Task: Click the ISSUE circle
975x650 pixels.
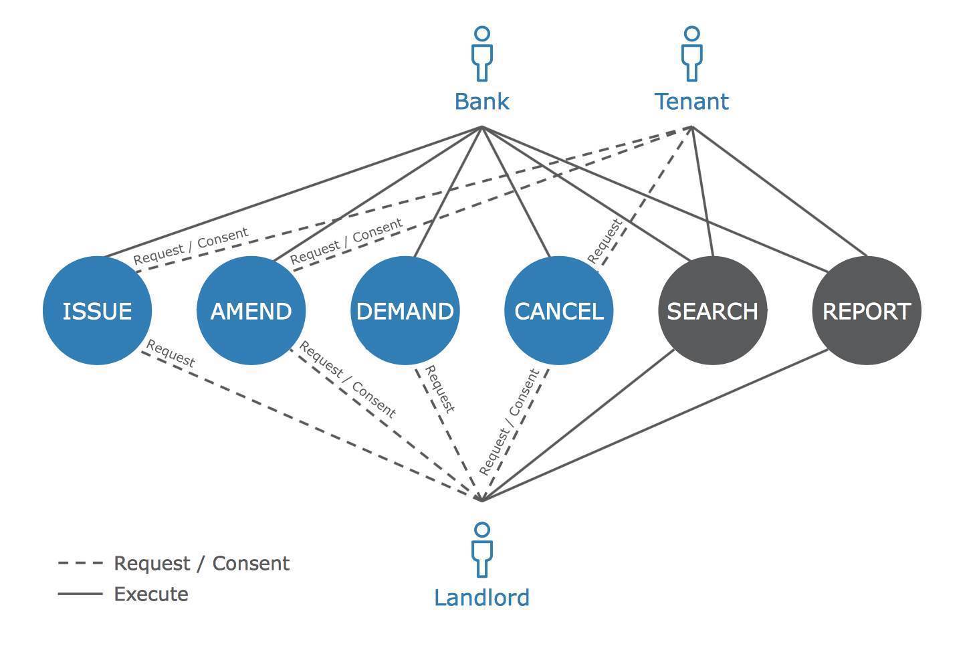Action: tap(97, 310)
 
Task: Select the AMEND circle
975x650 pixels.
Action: tap(251, 310)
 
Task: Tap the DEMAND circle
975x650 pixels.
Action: tap(405, 310)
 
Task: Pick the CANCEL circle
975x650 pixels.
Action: tap(558, 310)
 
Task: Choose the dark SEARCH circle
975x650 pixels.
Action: tap(712, 310)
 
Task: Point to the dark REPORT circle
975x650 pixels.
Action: tap(866, 310)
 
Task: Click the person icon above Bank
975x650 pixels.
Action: tap(481, 53)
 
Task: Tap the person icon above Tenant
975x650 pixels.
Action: tap(692, 53)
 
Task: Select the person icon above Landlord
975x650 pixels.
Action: tap(481, 550)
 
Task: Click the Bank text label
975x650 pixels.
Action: tap(481, 102)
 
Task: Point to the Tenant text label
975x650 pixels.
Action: tap(691, 102)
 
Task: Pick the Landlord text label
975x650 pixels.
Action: tap(481, 597)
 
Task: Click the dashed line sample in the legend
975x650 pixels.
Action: tap(80, 563)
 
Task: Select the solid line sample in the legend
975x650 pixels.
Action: tap(80, 594)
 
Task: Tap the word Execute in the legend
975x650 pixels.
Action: tap(151, 594)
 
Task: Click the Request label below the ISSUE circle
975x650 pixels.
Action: tap(171, 354)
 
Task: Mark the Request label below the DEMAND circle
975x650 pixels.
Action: tap(440, 389)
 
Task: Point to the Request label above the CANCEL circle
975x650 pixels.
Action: tap(605, 240)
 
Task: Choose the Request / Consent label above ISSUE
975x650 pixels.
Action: tap(191, 246)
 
